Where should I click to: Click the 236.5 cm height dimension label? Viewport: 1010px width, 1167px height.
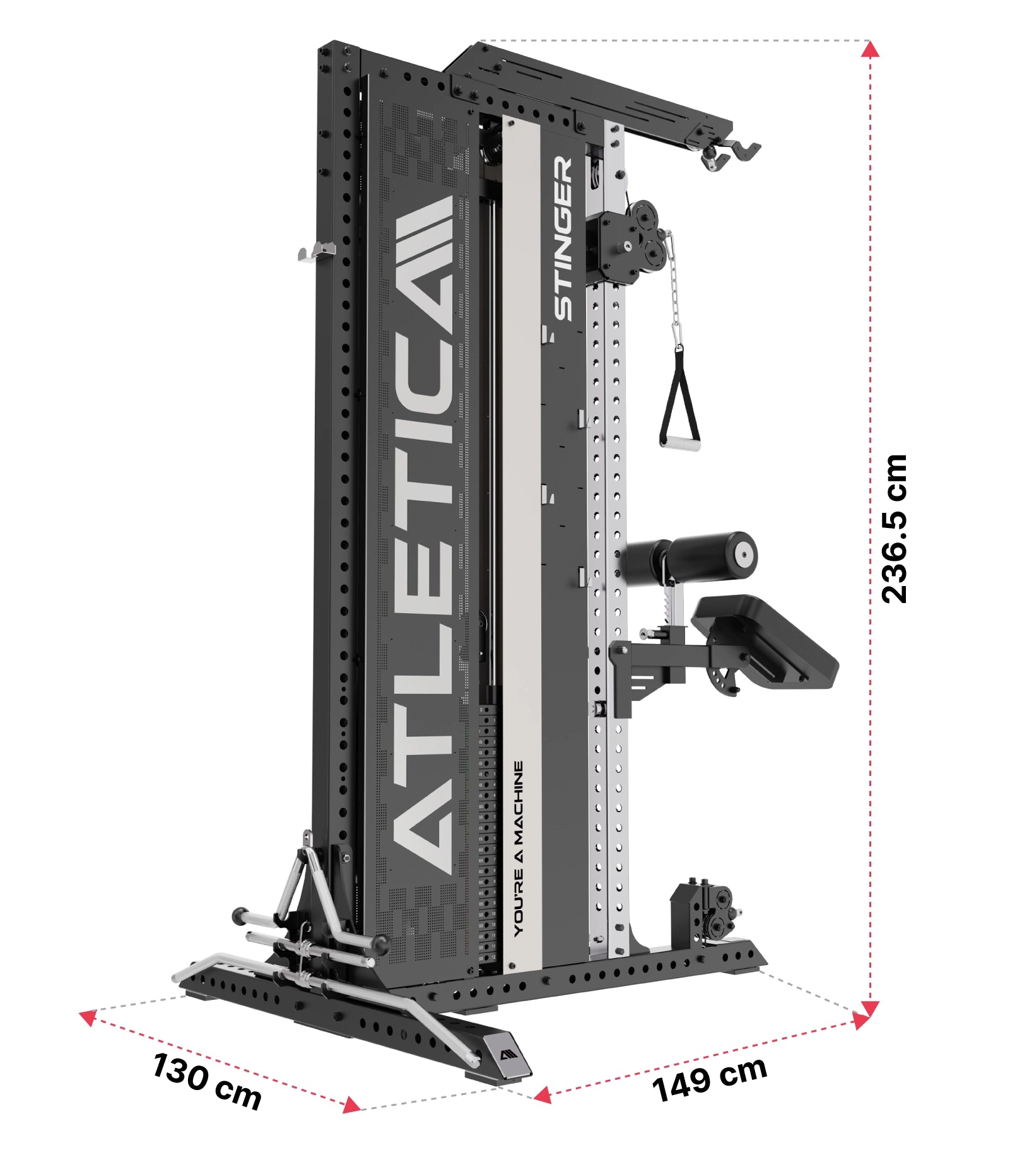click(x=894, y=528)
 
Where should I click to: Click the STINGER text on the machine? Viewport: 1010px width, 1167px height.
click(x=563, y=238)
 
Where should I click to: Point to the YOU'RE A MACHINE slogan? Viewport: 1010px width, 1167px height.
click(x=518, y=848)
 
